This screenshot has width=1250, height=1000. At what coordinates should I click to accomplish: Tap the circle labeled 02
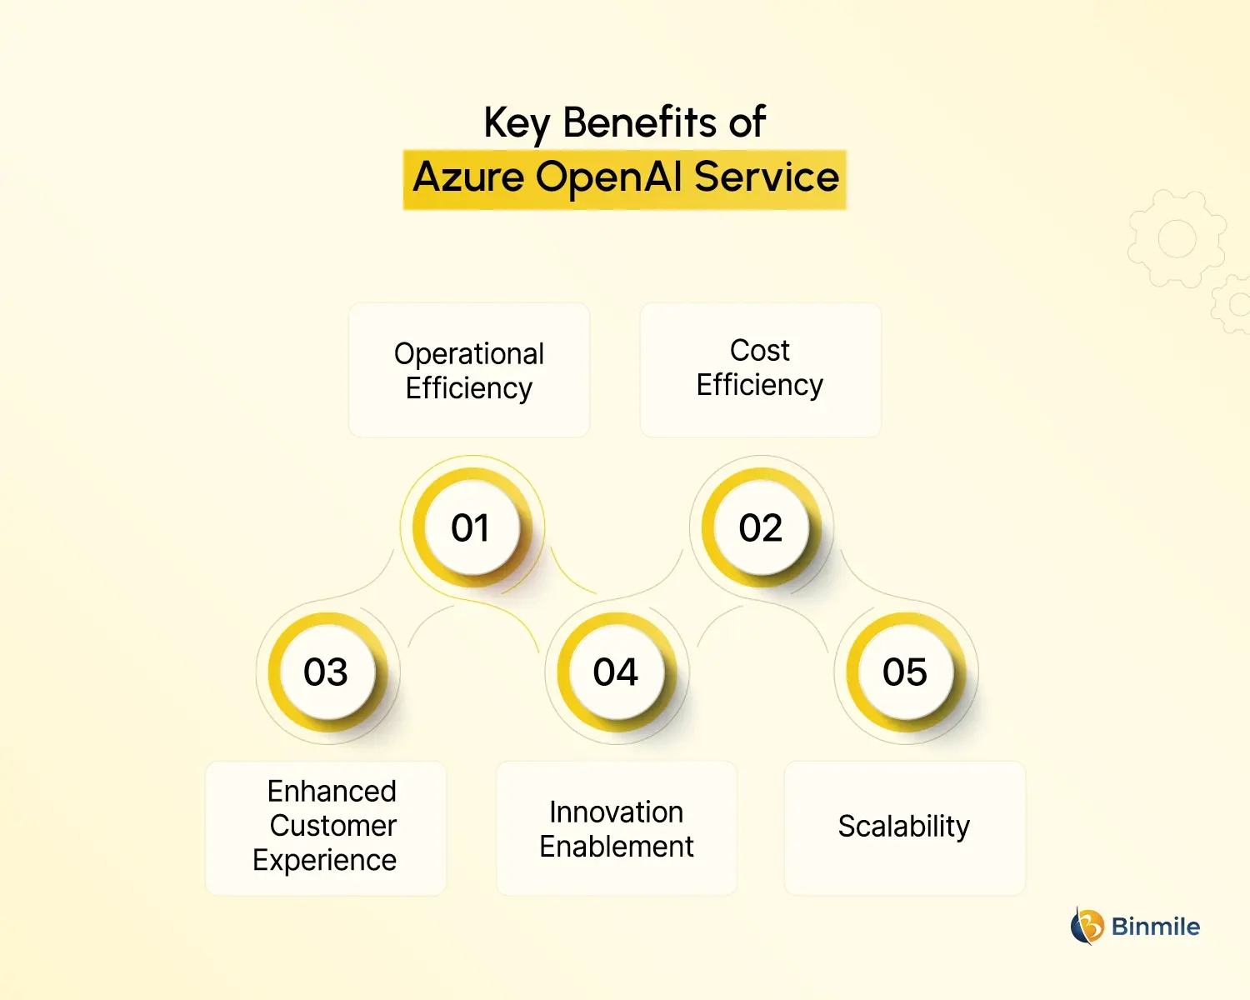click(x=761, y=527)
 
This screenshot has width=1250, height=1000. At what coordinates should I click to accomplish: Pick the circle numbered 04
click(x=616, y=672)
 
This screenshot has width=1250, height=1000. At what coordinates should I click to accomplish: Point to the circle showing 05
click(x=905, y=672)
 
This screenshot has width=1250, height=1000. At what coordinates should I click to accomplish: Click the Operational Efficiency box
click(x=469, y=370)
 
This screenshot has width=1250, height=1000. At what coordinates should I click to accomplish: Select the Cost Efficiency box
click(x=760, y=370)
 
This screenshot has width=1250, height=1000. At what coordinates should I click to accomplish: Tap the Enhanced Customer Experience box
click(x=326, y=827)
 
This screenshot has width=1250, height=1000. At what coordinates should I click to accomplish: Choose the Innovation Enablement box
click(x=617, y=827)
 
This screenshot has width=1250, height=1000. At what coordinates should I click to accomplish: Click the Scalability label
click(x=904, y=827)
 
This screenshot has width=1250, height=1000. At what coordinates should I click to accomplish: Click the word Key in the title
click(x=517, y=123)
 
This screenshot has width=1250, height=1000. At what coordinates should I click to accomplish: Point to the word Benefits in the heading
click(x=640, y=122)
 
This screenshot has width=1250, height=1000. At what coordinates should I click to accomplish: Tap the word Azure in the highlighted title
click(x=468, y=177)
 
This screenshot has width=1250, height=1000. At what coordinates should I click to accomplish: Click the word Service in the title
click(x=766, y=177)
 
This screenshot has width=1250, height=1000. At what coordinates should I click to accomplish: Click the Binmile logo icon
click(x=1087, y=926)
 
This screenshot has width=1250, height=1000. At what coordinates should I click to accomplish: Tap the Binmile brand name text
click(x=1156, y=927)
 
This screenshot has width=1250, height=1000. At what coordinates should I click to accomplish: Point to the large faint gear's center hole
click(x=1177, y=239)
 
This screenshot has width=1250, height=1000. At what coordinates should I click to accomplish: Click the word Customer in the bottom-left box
click(x=332, y=826)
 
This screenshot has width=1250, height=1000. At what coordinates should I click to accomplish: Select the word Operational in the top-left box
click(x=469, y=353)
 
